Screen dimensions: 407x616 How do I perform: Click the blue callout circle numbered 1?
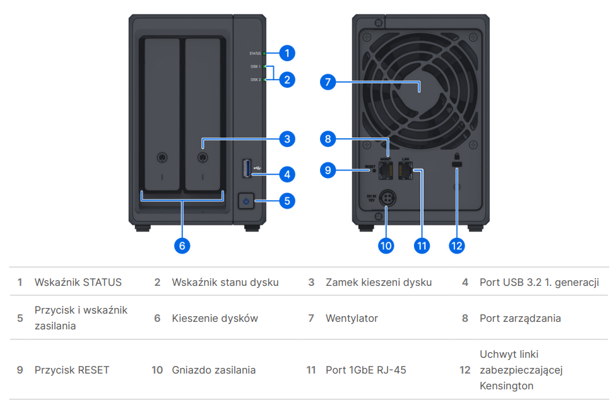(x=287, y=53)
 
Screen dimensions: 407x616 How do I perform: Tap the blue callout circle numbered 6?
(x=182, y=245)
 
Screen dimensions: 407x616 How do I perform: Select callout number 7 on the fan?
(x=328, y=82)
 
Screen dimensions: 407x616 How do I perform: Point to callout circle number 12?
(x=456, y=245)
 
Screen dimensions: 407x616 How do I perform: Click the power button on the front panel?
(x=247, y=201)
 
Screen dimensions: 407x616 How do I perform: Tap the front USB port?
(x=247, y=168)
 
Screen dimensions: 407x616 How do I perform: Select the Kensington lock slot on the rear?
(x=456, y=165)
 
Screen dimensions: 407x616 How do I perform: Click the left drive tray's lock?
(x=162, y=157)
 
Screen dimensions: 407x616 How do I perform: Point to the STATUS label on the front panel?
(x=255, y=54)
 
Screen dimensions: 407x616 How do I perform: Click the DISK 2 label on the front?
(x=255, y=80)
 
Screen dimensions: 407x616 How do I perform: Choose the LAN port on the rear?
(x=405, y=170)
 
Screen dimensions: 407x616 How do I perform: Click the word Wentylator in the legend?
(x=352, y=318)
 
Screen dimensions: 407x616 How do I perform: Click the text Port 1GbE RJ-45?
(x=365, y=370)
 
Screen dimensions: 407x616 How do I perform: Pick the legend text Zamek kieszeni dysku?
(x=379, y=282)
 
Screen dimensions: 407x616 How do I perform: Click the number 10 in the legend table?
(x=157, y=370)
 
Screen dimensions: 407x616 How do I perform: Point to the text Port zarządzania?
(x=520, y=318)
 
